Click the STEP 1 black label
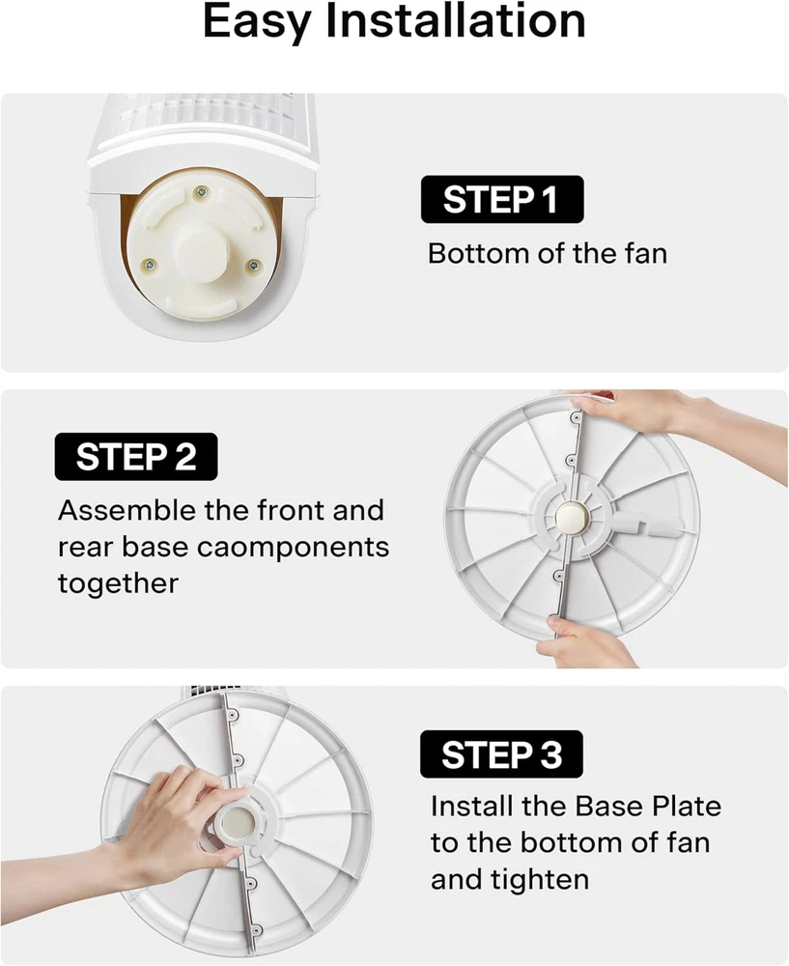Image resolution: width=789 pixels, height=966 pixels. point(502,199)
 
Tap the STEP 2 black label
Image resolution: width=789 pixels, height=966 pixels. point(136,457)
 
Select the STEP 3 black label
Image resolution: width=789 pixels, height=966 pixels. point(501,754)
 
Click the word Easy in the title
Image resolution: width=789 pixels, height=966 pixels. point(257,22)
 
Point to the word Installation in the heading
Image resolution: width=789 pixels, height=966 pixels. point(455,21)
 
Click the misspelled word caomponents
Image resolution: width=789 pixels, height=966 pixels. point(301,548)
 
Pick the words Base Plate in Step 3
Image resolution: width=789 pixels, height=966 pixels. point(648,806)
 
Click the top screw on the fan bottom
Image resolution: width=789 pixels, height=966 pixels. point(201,193)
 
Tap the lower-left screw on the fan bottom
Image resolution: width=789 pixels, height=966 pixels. point(149,266)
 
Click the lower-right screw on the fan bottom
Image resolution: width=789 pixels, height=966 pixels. point(253,267)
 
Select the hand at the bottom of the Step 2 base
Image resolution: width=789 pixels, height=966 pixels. point(588,641)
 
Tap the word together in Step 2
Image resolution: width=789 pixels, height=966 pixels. point(118,584)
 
